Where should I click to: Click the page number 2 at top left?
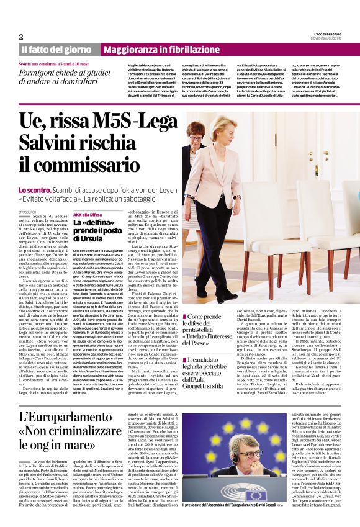[x=21, y=37]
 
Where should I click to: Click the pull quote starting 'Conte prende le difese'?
[x=211, y=330]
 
